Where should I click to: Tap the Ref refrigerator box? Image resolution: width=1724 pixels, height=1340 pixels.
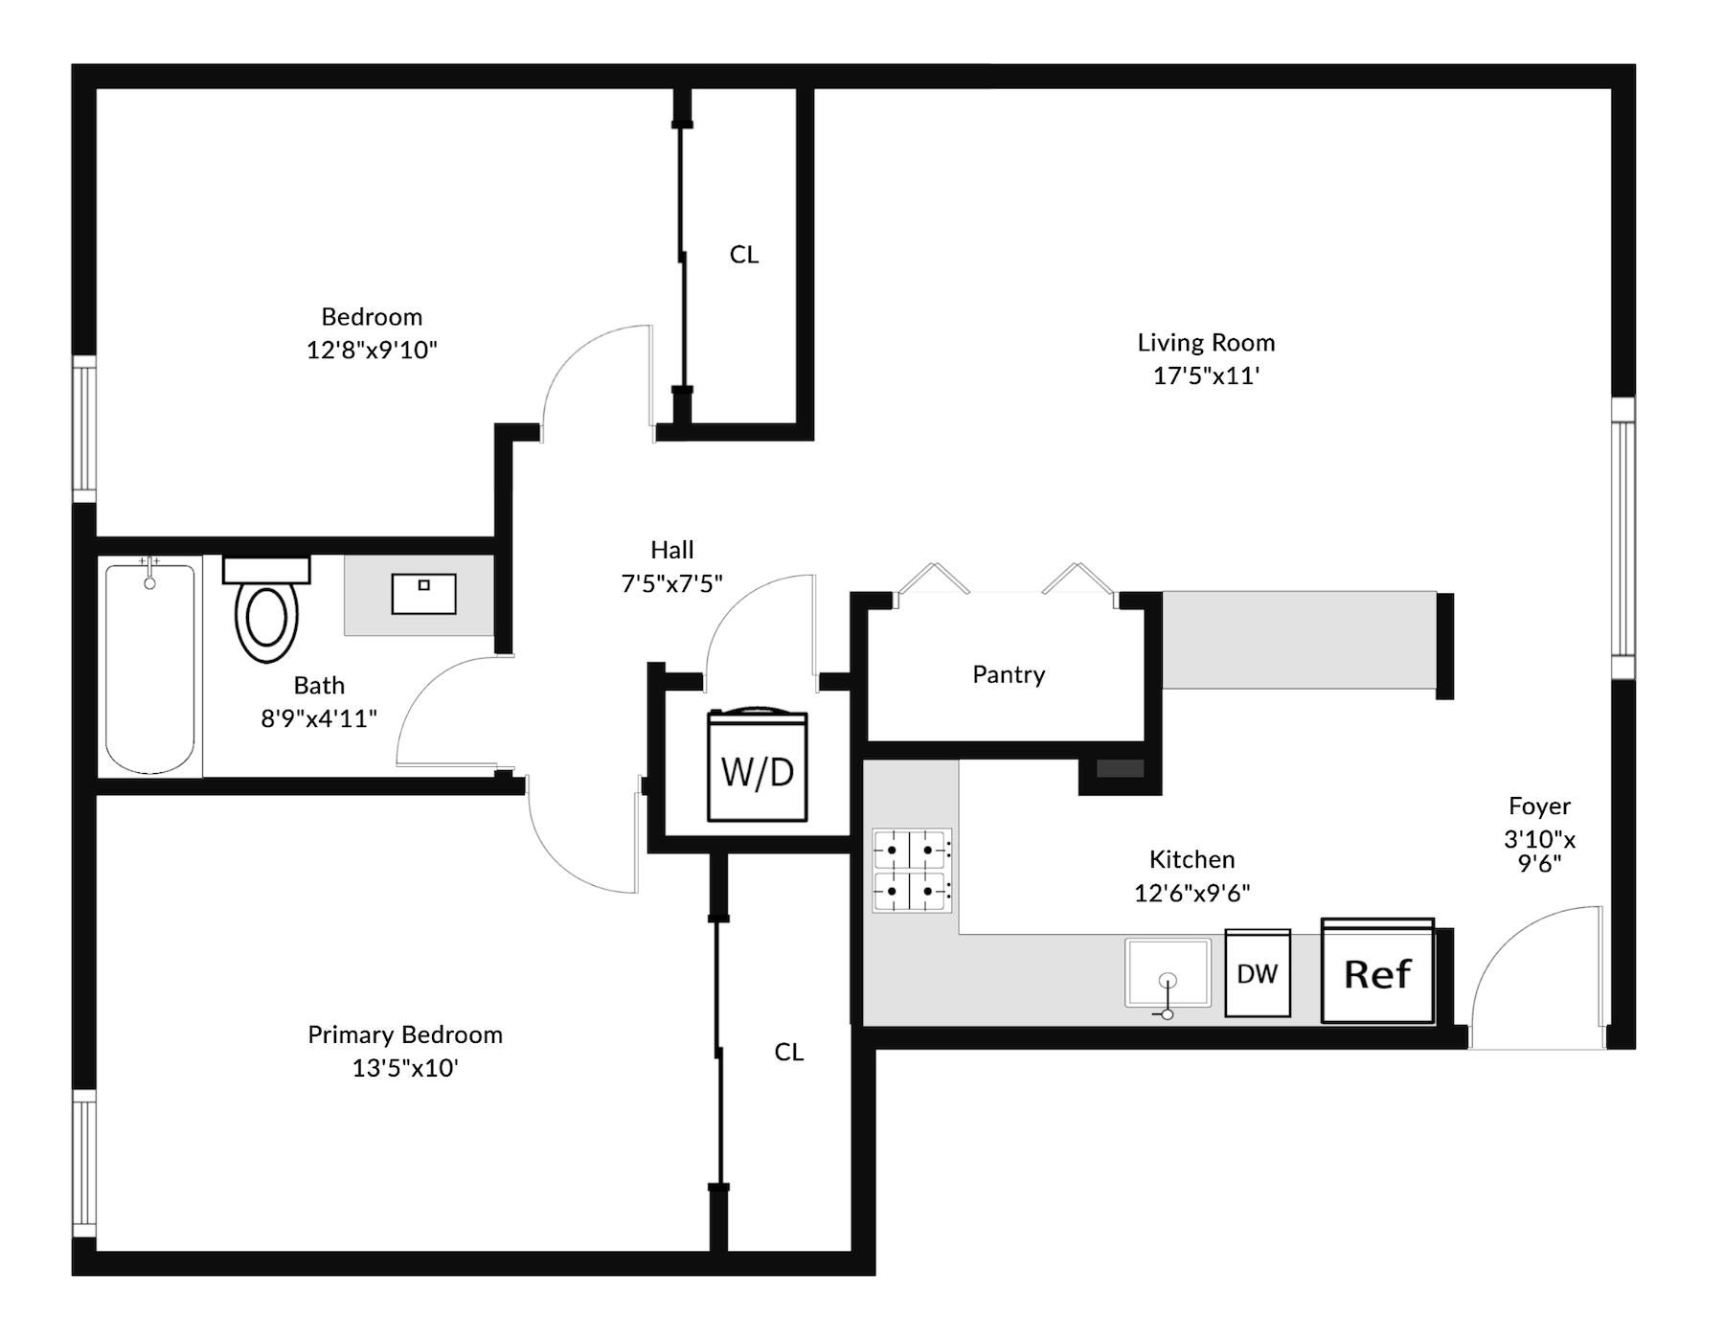point(1377,970)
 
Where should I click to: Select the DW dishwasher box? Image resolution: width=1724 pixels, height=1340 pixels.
point(1258,972)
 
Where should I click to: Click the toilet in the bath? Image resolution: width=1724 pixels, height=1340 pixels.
point(266,608)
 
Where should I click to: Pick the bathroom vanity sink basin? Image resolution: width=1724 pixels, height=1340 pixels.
point(423,594)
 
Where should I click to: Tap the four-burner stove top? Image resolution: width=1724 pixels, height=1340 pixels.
point(912,870)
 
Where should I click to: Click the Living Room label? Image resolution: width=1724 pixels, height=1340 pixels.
point(1206,342)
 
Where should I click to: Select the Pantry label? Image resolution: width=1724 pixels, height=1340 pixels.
point(1009,674)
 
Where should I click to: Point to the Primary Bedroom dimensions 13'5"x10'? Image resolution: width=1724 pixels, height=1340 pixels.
point(405,1067)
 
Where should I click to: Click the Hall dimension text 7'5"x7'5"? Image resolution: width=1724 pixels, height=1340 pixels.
point(671,582)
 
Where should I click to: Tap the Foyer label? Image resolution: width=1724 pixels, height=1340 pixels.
point(1539,806)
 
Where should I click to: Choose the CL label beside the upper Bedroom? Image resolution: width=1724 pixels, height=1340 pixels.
point(744,254)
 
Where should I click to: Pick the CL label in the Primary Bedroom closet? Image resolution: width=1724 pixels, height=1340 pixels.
point(788,1052)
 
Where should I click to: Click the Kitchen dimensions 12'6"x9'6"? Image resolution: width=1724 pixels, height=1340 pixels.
point(1191,893)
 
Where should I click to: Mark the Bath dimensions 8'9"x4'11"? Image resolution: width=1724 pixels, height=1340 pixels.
point(319,718)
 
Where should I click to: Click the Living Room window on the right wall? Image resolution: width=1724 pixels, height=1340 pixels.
point(1622,538)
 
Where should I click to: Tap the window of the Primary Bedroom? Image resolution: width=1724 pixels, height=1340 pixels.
point(84,1164)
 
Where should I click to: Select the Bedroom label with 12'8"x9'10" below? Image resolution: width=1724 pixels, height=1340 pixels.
point(372,316)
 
